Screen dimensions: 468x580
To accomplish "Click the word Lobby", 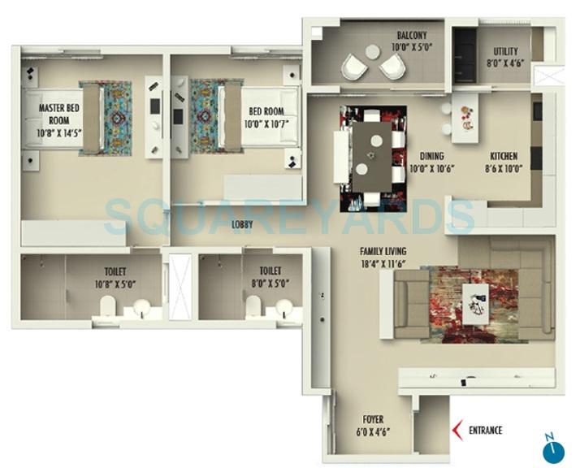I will point(242,223).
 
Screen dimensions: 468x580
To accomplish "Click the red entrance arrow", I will point(457,431).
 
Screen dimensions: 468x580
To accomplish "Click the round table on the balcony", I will point(371,51).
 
